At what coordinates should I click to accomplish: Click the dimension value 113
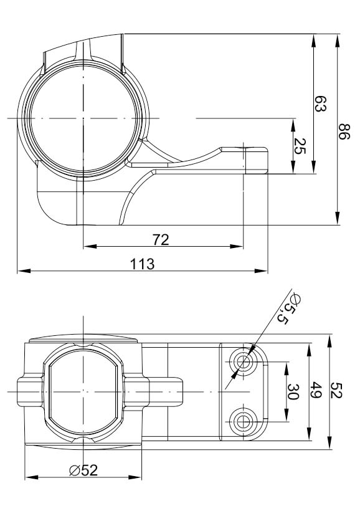[142, 264]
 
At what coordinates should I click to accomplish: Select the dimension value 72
[160, 240]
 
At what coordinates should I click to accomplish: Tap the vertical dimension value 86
[344, 131]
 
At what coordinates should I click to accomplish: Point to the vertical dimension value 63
[320, 103]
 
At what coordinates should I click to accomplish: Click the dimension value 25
[299, 146]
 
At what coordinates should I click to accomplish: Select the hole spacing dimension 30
[292, 391]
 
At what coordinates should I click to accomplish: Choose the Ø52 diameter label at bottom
[83, 470]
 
